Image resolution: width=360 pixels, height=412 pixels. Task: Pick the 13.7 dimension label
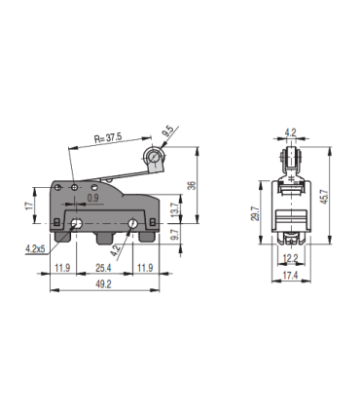(x=176, y=211)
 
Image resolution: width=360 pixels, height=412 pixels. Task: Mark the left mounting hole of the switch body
(x=76, y=226)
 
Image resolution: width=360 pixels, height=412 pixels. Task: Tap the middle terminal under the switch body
(x=105, y=238)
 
